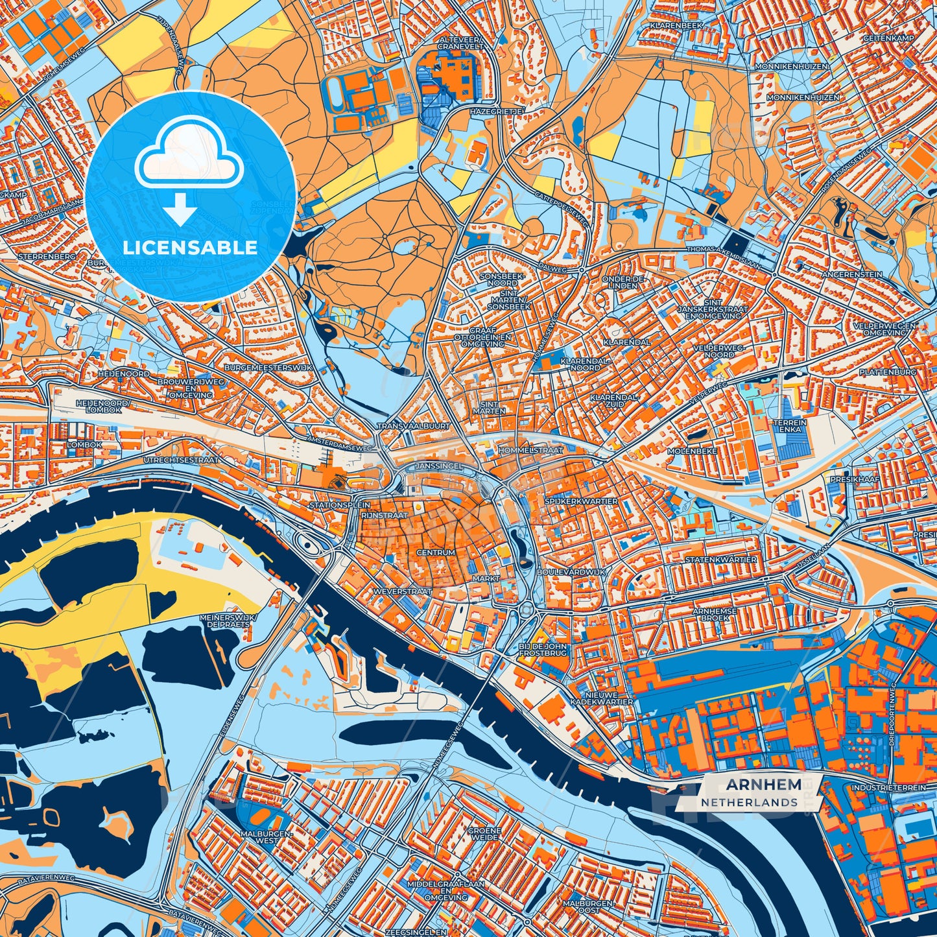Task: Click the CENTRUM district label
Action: tap(436, 552)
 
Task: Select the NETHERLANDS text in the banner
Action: tap(749, 802)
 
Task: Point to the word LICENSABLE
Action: tap(190, 248)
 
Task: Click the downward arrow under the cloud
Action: tap(181, 209)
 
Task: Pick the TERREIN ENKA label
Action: tap(790, 426)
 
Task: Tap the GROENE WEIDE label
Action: tap(484, 835)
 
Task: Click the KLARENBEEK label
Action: tap(676, 27)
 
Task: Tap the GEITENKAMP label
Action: tap(888, 38)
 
